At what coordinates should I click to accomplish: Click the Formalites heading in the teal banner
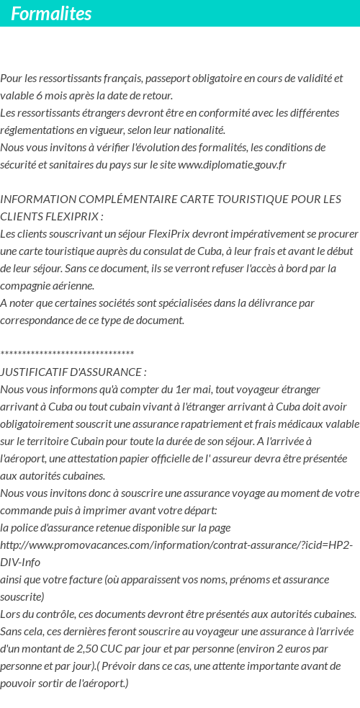(51, 14)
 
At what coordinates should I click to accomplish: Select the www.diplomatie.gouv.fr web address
(232, 165)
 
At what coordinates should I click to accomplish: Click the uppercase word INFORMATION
(34, 200)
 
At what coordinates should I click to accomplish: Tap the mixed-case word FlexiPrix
(171, 234)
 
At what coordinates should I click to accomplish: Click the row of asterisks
(67, 354)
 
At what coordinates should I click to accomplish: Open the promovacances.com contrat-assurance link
(176, 545)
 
